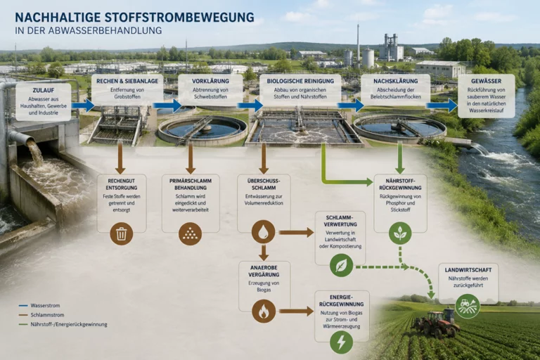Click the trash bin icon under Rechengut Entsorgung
[121, 233]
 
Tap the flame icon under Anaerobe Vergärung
[264, 311]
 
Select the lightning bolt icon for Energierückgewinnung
[341, 342]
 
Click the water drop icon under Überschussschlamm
[264, 232]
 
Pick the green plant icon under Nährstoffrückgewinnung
[400, 233]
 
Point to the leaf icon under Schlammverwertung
[341, 265]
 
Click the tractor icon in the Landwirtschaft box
[468, 306]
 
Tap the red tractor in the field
[437, 323]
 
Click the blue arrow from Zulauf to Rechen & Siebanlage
[83, 105]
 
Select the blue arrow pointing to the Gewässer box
[442, 105]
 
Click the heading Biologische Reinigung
[300, 82]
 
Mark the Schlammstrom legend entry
[41, 315]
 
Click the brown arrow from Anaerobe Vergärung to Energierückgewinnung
[296, 311]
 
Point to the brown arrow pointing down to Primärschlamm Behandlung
[191, 158]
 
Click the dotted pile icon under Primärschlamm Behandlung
[190, 233]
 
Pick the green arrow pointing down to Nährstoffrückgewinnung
[400, 158]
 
